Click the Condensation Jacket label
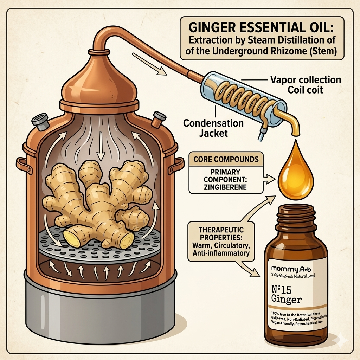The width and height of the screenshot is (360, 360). tap(209, 128)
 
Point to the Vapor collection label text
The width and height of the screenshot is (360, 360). tap(305, 80)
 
